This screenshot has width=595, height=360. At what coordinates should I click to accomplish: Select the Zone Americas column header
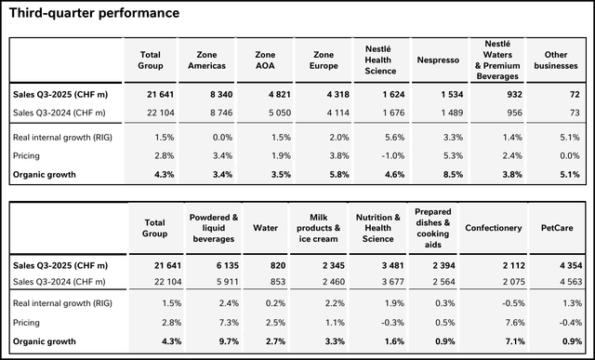207,60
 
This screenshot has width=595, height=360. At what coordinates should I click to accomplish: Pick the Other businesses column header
554,60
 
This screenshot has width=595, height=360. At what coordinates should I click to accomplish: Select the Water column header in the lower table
266,226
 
